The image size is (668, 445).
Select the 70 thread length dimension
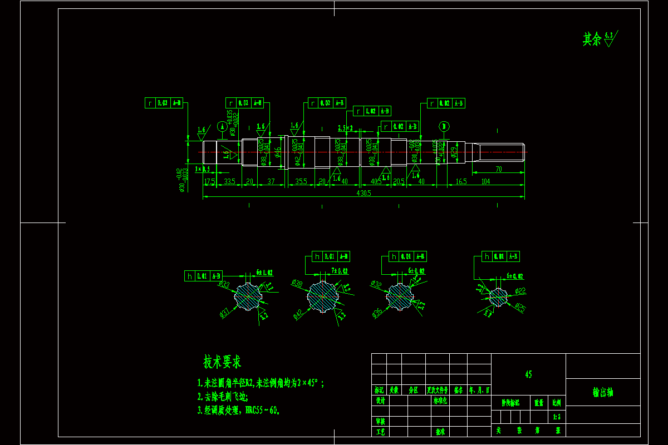498,169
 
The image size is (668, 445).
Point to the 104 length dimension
485,182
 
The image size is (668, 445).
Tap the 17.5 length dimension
209,182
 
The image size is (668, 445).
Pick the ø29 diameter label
454,152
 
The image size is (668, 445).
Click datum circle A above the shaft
222,126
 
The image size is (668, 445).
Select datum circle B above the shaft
444,126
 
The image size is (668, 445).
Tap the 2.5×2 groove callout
345,128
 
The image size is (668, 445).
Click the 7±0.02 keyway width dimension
340,270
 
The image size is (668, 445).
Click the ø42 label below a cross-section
298,315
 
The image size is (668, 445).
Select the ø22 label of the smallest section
520,290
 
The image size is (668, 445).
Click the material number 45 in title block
528,374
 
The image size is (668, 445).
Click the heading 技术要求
222,363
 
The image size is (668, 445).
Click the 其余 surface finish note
592,39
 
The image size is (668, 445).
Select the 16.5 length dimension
461,182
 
